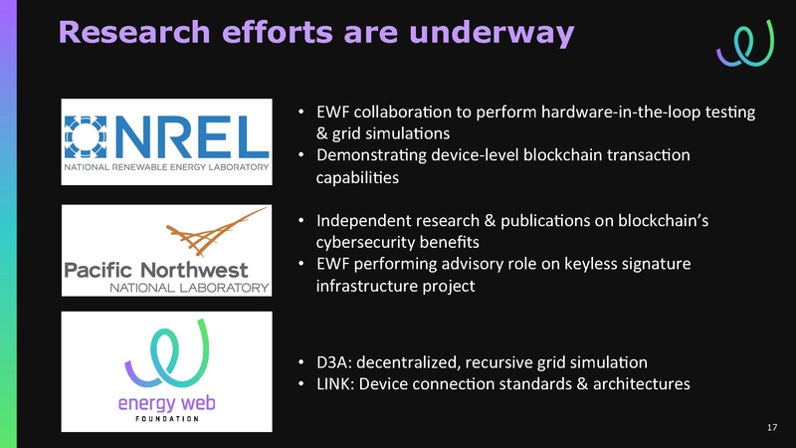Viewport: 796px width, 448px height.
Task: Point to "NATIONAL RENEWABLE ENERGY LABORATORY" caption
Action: click(x=166, y=168)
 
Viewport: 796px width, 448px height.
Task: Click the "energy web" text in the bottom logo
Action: click(x=166, y=402)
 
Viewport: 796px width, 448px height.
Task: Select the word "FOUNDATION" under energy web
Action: click(x=166, y=418)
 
